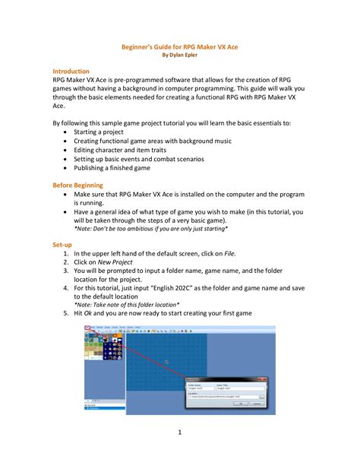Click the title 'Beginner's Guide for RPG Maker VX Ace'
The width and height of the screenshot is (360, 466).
coord(179,46)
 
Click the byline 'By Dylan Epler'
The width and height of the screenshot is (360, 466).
coord(179,55)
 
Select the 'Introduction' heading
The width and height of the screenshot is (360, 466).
coord(71,71)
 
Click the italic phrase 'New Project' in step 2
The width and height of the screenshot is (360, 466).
coord(118,262)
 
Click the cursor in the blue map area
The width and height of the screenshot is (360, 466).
coord(167,362)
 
